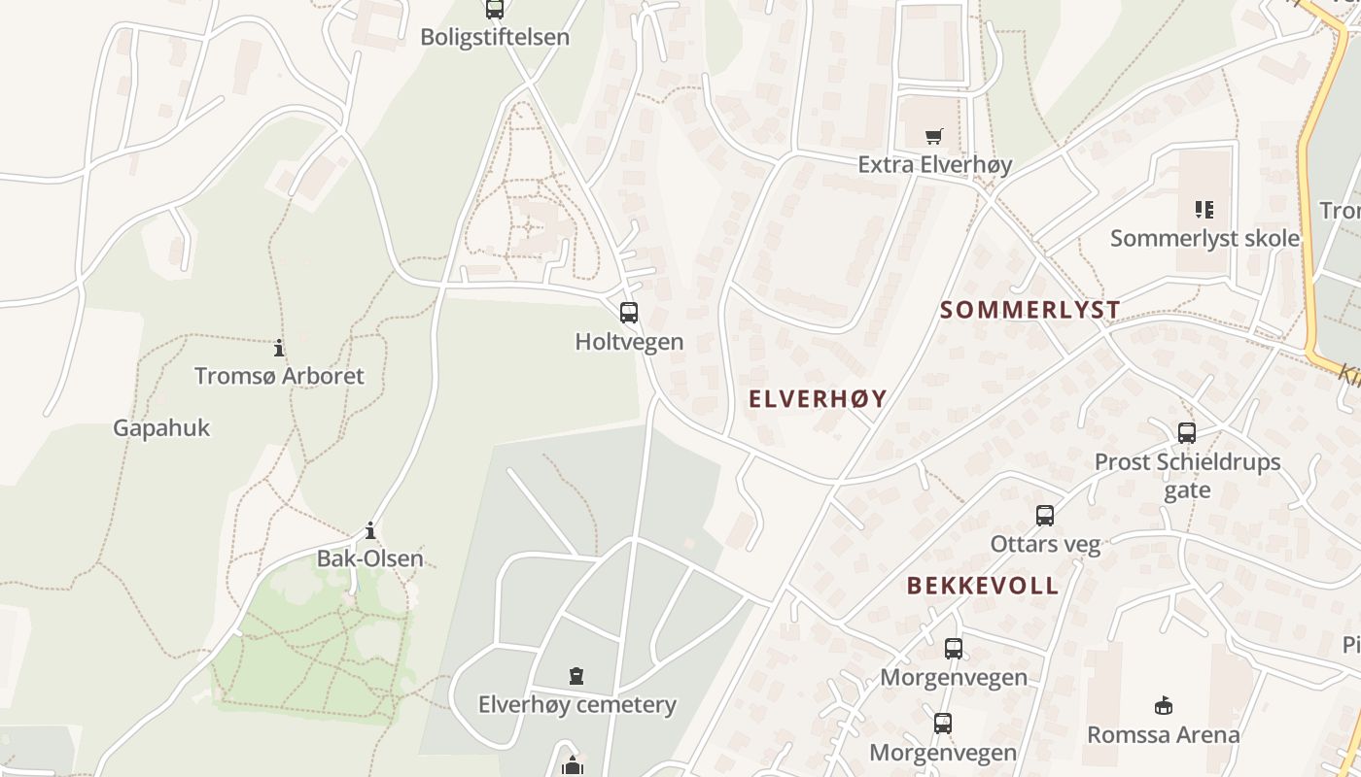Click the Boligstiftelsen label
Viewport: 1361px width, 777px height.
(495, 37)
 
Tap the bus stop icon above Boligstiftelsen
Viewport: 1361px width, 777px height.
(495, 10)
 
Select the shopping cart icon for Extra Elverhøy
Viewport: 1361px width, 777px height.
(934, 136)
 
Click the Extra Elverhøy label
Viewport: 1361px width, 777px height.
(934, 164)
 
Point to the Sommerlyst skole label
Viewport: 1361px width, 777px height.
(1204, 238)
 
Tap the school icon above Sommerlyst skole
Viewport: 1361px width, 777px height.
(1204, 209)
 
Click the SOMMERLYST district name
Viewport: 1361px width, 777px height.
(1030, 310)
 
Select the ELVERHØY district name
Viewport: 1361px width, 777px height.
(818, 398)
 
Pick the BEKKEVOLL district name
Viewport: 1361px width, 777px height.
(983, 586)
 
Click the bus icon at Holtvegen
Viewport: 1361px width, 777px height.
(629, 313)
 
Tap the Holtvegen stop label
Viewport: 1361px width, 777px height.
(629, 342)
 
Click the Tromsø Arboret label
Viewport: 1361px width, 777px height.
(279, 376)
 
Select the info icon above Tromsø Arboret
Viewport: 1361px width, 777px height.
(279, 348)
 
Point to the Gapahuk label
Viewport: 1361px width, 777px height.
(161, 427)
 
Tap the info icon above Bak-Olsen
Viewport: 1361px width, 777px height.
(370, 530)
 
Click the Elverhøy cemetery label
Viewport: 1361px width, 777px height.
(576, 704)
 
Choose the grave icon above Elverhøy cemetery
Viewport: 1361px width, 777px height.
(576, 675)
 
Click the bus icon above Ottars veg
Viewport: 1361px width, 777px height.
(1045, 516)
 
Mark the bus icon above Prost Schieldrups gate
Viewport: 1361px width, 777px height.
(1187, 433)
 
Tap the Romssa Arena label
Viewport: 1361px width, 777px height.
(1163, 734)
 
